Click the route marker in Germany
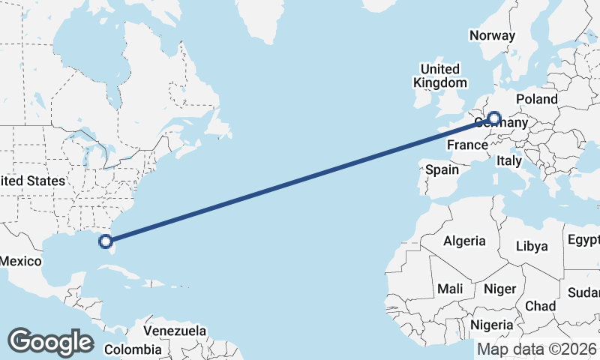493,118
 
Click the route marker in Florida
106,241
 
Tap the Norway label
492,35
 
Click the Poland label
537,99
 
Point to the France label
468,144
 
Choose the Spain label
442,169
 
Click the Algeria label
464,241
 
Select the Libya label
532,246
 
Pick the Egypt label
583,240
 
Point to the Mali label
450,289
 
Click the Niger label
500,289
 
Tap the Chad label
540,306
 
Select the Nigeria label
492,325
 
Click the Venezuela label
175,331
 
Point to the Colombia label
133,349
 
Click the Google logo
50,342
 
